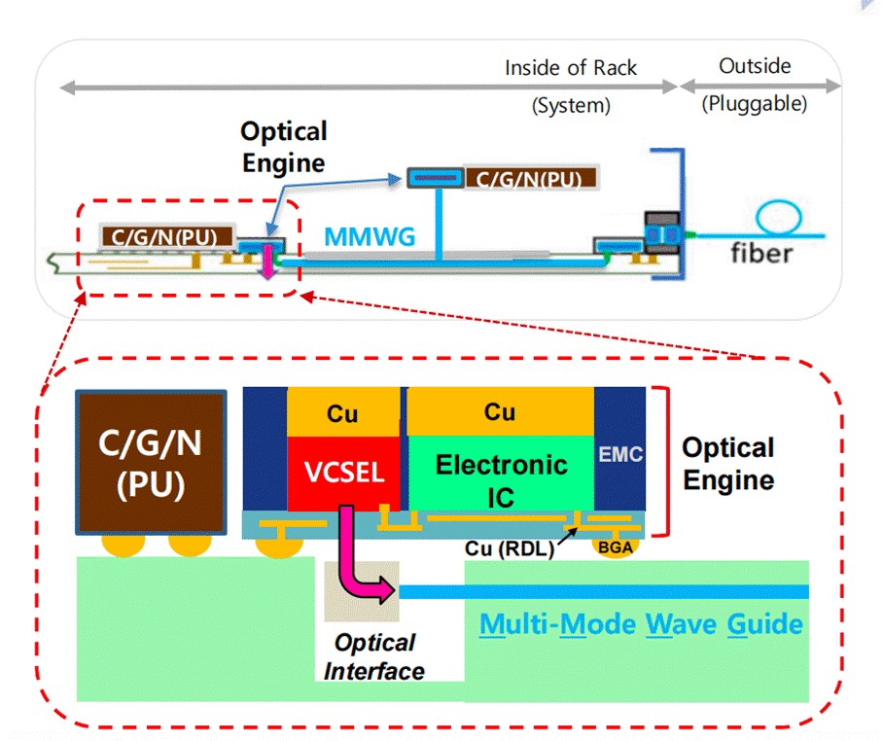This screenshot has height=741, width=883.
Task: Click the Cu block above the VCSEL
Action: point(342,413)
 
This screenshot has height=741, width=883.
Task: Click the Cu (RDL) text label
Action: point(510,547)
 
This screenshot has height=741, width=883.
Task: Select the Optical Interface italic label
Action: point(374,656)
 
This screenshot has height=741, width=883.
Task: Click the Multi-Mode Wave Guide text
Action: point(642,623)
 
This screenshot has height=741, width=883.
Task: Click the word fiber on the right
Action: point(761,254)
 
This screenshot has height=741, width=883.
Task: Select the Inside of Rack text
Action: point(571,68)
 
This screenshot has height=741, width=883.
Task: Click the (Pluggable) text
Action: point(755,104)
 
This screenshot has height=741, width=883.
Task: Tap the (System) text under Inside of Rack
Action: point(571,105)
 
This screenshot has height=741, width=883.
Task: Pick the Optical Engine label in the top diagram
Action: point(283,147)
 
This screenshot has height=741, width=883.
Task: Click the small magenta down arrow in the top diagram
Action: point(268,263)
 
